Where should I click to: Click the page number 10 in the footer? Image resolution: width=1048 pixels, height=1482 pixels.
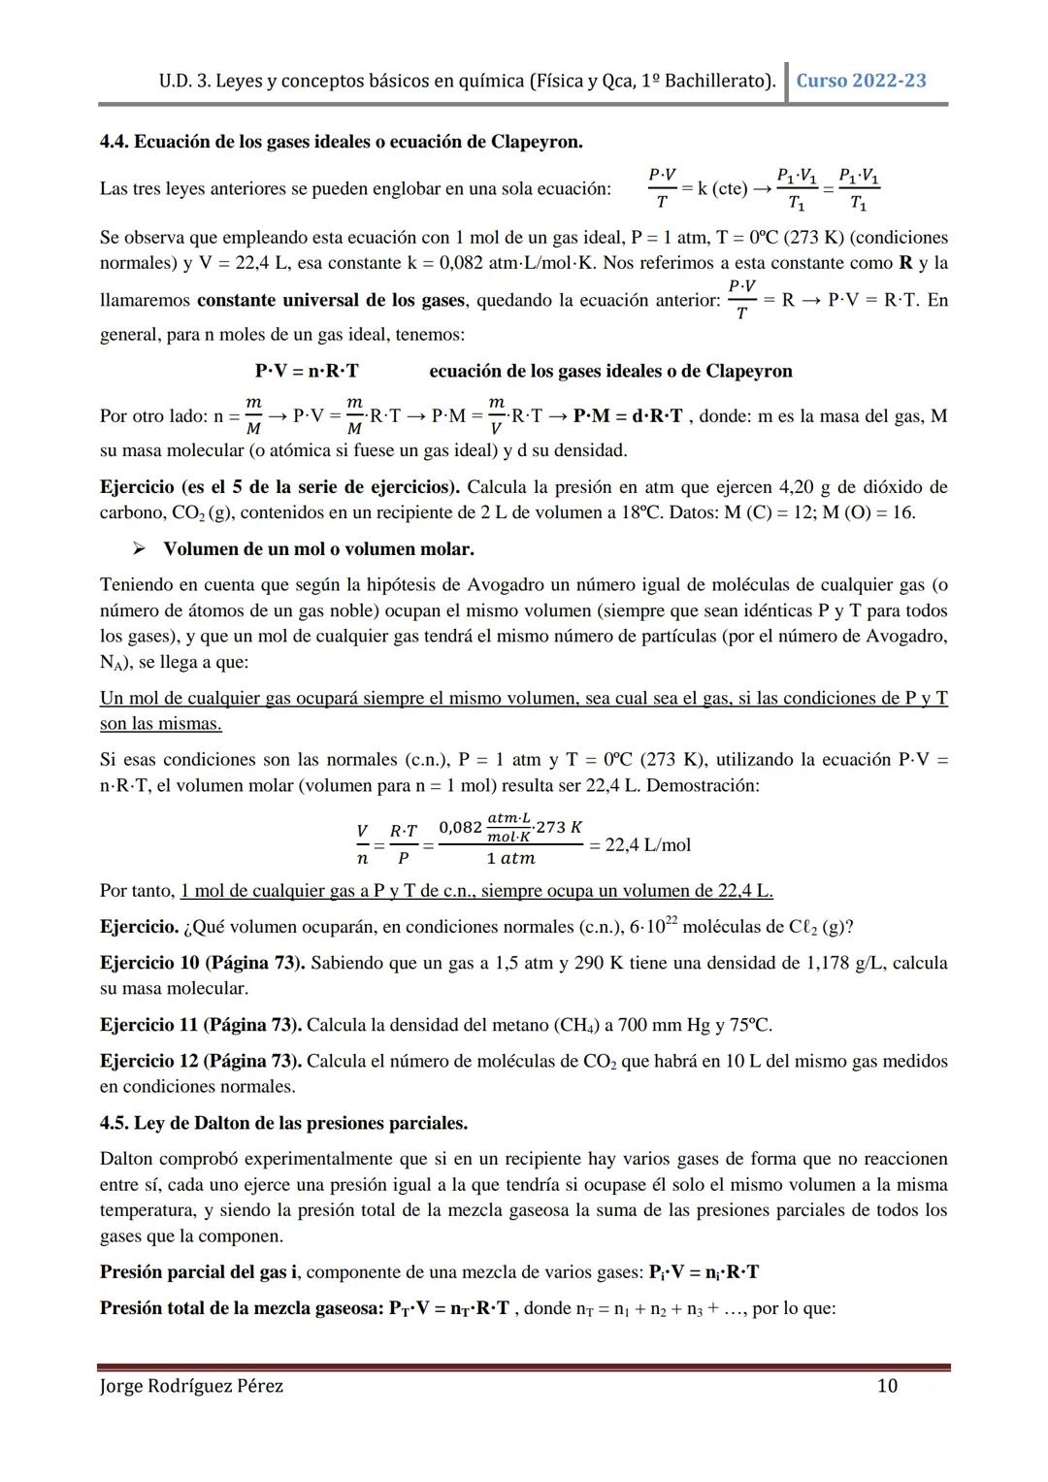[x=887, y=1386]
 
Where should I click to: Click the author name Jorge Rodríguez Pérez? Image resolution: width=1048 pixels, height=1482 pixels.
[x=192, y=1386]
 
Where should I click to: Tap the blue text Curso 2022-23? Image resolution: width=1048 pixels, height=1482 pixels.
[x=861, y=81]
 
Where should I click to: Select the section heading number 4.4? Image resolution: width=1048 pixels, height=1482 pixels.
[x=114, y=142]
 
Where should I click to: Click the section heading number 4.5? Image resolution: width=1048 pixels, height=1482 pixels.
[x=114, y=1123]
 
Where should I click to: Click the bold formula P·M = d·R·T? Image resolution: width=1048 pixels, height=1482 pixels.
[x=628, y=416]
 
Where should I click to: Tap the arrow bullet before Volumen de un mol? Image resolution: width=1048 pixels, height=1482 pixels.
[x=139, y=549]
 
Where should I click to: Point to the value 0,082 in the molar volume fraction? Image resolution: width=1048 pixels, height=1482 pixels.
[x=460, y=827]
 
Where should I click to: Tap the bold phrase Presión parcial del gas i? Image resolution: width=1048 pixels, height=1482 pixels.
[x=200, y=1272]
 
